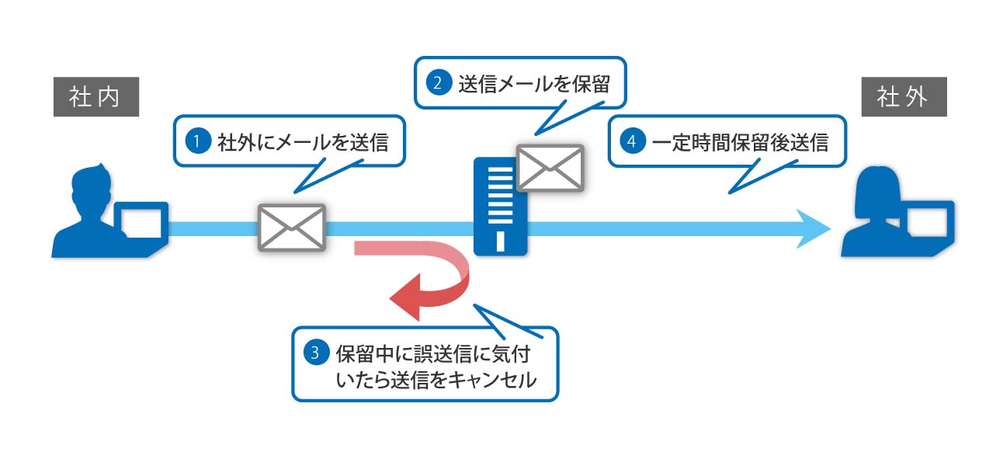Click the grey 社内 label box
click(95, 97)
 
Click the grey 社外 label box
click(904, 97)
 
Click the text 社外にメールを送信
click(302, 142)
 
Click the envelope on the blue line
click(291, 227)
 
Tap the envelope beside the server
click(550, 167)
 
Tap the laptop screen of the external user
click(927, 223)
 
